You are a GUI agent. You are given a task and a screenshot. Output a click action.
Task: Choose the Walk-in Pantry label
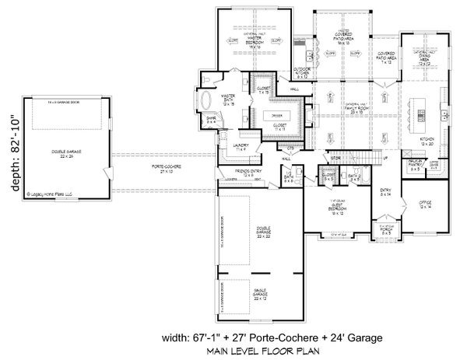coord(415,166)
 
